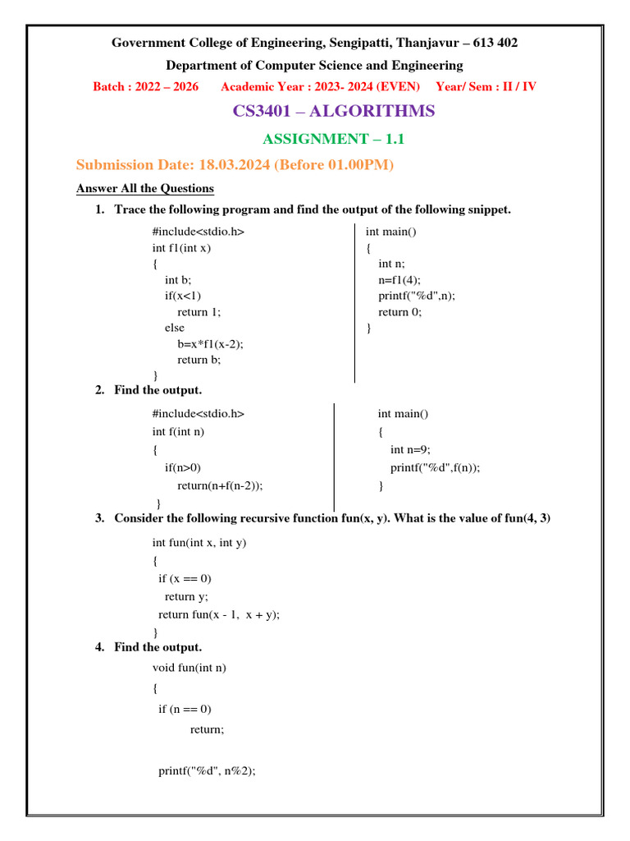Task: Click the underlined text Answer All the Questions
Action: (145, 188)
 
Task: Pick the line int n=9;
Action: (410, 449)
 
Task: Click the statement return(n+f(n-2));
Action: (220, 485)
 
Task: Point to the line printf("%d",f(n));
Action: (435, 467)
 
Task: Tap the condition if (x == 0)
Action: (185, 578)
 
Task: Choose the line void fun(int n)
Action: (189, 668)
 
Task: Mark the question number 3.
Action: (99, 518)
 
